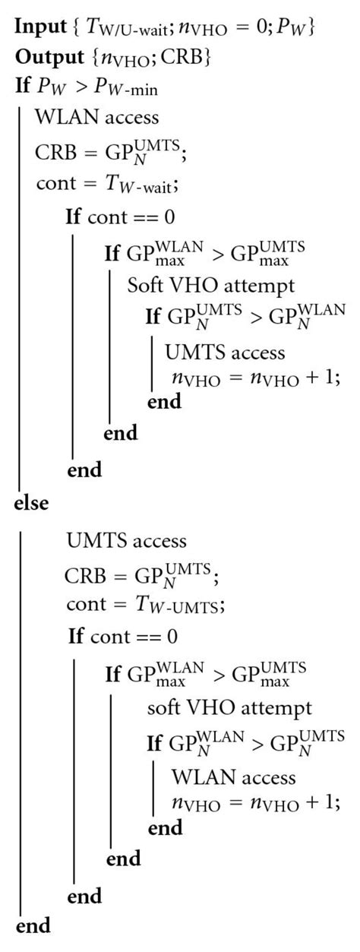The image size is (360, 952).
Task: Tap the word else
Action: tap(31, 503)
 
